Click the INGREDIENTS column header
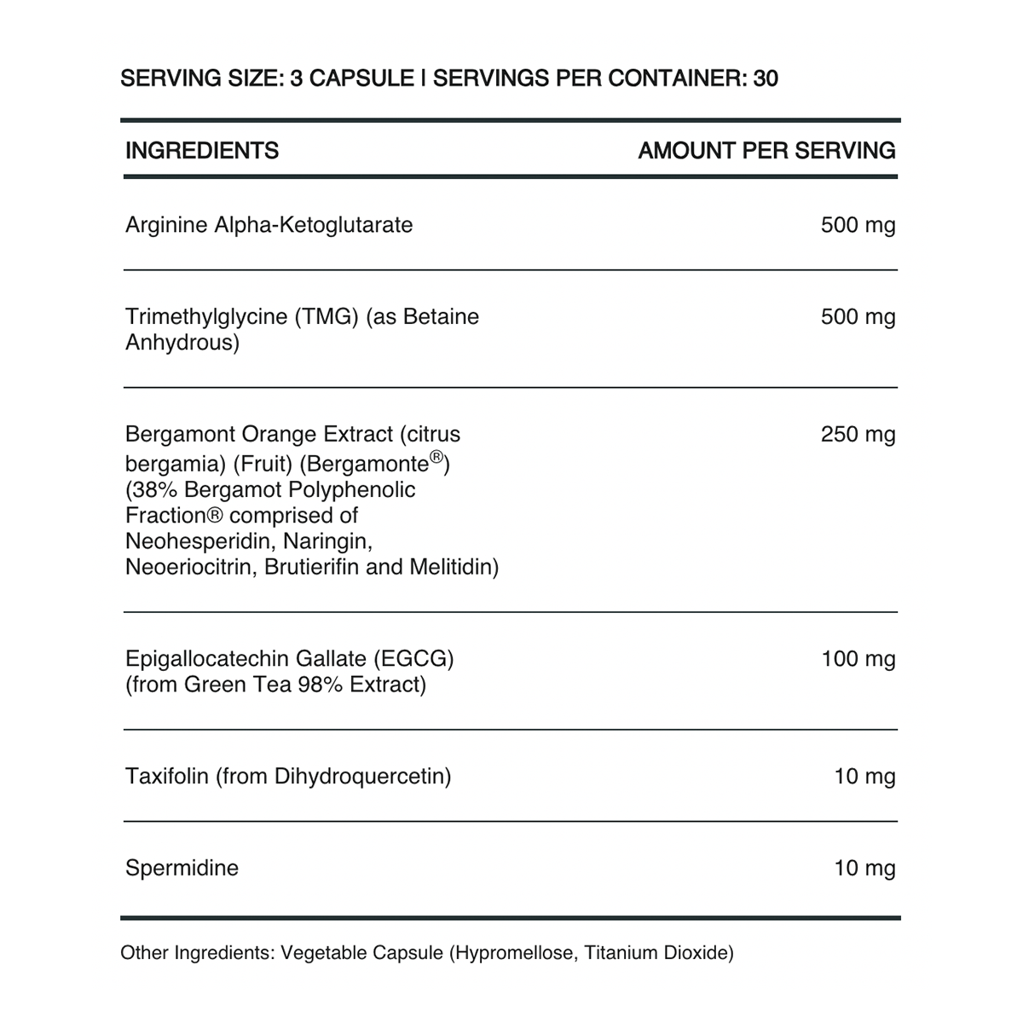pyautogui.click(x=202, y=151)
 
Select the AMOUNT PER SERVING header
pyautogui.click(x=766, y=151)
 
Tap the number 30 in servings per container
pyautogui.click(x=766, y=78)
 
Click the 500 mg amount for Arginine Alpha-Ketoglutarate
pyautogui.click(x=858, y=225)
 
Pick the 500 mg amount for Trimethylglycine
pyautogui.click(x=858, y=317)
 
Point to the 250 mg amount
pyautogui.click(x=858, y=435)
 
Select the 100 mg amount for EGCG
pyautogui.click(x=858, y=659)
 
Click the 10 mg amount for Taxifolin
pyautogui.click(x=864, y=777)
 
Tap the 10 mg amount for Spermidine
pyautogui.click(x=864, y=869)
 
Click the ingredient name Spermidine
pyautogui.click(x=182, y=869)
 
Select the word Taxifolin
pyautogui.click(x=166, y=777)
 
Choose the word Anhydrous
pyautogui.click(x=182, y=344)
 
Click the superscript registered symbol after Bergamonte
pyautogui.click(x=436, y=458)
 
